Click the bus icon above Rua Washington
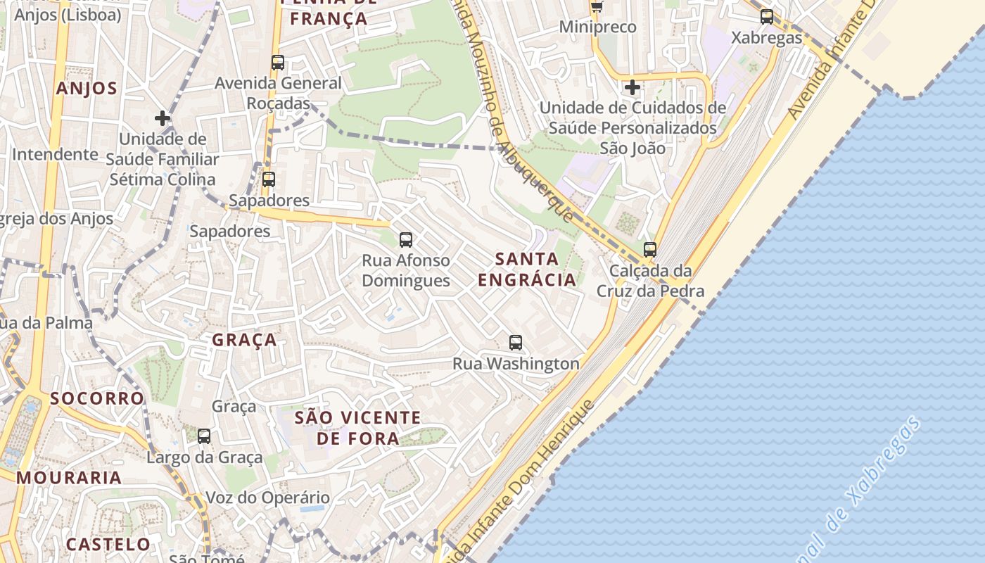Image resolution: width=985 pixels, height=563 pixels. (x=516, y=343)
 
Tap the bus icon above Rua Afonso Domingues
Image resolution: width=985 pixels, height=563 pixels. (x=406, y=239)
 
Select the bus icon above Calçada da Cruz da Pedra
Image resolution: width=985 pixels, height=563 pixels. (x=650, y=249)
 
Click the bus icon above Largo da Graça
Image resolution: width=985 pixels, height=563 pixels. (x=204, y=436)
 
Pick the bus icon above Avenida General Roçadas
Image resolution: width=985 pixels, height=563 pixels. (x=278, y=62)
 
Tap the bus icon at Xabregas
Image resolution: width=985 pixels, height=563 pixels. (x=767, y=16)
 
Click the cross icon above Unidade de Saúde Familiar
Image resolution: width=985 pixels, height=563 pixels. (x=163, y=118)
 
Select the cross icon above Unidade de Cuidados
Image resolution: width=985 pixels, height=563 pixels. (x=633, y=87)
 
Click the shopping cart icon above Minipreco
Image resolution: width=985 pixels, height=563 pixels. (x=597, y=6)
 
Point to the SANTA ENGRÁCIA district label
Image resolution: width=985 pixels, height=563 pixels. (x=527, y=270)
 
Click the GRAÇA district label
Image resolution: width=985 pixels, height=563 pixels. (x=245, y=340)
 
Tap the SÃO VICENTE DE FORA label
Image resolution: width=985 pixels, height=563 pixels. (x=357, y=428)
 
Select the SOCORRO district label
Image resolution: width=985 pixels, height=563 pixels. (x=97, y=398)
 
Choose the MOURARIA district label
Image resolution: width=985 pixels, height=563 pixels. (x=69, y=478)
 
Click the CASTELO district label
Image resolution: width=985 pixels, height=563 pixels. (x=108, y=544)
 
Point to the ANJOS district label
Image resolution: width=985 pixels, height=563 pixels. (x=87, y=89)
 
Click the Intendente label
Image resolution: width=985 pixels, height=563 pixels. (x=55, y=154)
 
